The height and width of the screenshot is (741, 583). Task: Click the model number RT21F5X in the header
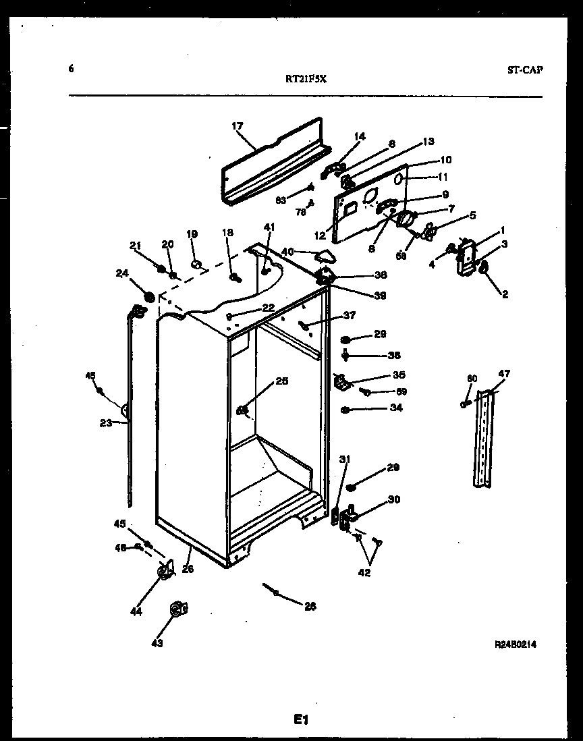(x=306, y=78)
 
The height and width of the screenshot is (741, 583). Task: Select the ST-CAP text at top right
(x=524, y=70)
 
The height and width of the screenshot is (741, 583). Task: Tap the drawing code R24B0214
(x=516, y=644)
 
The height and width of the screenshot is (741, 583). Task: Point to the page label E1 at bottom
(x=300, y=720)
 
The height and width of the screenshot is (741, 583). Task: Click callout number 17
(x=237, y=126)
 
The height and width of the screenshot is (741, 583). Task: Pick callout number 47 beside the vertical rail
(x=504, y=374)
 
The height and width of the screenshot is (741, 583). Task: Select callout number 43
(x=157, y=643)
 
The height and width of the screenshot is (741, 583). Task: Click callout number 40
(x=287, y=252)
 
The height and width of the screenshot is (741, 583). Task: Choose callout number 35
(x=399, y=375)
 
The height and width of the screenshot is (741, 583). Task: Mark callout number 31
(x=344, y=460)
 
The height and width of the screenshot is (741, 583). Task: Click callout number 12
(x=319, y=236)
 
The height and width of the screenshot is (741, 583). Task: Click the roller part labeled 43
(x=177, y=609)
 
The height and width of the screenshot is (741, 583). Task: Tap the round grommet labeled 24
(x=148, y=297)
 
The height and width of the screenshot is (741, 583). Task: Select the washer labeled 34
(x=345, y=409)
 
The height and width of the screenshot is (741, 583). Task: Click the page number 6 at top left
(x=71, y=68)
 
